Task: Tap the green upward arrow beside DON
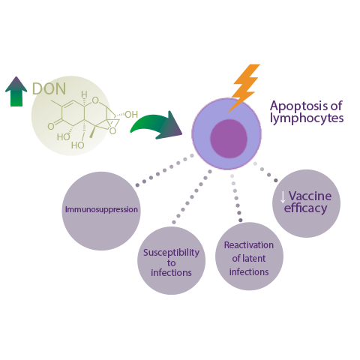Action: click(x=16, y=92)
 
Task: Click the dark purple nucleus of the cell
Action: click(x=229, y=139)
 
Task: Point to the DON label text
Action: click(x=49, y=88)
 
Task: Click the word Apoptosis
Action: click(x=299, y=106)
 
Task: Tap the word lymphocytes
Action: click(x=307, y=118)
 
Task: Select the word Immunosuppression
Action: click(x=101, y=209)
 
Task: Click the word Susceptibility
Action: click(x=171, y=253)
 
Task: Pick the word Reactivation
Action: click(x=249, y=245)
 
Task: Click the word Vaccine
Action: click(x=310, y=196)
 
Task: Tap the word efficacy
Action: click(x=305, y=208)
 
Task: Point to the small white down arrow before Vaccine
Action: click(x=283, y=197)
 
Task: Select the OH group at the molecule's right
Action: click(x=131, y=115)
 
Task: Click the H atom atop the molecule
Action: click(x=84, y=94)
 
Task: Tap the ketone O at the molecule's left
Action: click(x=51, y=126)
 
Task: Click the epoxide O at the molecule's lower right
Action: click(x=113, y=131)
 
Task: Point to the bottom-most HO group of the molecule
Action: click(x=77, y=145)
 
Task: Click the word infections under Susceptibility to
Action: click(x=171, y=273)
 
